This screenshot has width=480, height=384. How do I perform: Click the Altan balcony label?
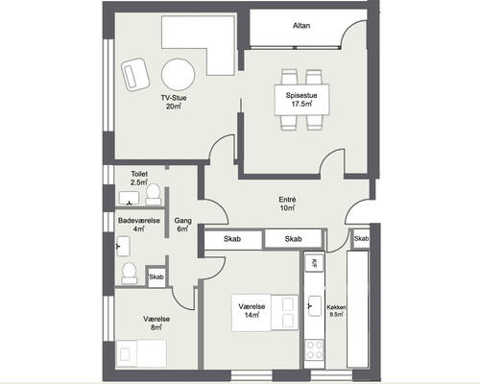[301, 26]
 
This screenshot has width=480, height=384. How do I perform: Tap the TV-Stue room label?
[174, 98]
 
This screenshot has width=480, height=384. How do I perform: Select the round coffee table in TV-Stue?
[178, 75]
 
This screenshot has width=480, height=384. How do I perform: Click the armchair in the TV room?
[135, 74]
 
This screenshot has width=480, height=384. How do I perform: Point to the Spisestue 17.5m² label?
[301, 99]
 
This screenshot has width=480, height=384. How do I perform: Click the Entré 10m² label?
[287, 204]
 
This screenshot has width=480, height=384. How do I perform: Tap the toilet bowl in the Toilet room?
[154, 195]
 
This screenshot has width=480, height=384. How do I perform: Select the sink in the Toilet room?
[130, 198]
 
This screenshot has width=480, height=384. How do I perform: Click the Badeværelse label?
[139, 221]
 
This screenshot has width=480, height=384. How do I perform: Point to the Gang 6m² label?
[183, 225]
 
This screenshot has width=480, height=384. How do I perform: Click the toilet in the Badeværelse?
[130, 274]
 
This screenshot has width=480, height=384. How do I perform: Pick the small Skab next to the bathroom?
[156, 276]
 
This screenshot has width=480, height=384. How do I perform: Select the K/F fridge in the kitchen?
[314, 263]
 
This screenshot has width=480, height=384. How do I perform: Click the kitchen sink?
[315, 305]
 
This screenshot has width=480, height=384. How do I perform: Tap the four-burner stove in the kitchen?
[315, 349]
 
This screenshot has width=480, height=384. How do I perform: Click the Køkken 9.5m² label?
[336, 310]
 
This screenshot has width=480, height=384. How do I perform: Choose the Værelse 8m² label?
[156, 324]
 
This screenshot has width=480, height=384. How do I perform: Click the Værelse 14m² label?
[252, 311]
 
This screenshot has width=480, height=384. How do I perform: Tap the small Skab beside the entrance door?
[361, 239]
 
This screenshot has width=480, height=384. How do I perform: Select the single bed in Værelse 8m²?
[142, 353]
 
